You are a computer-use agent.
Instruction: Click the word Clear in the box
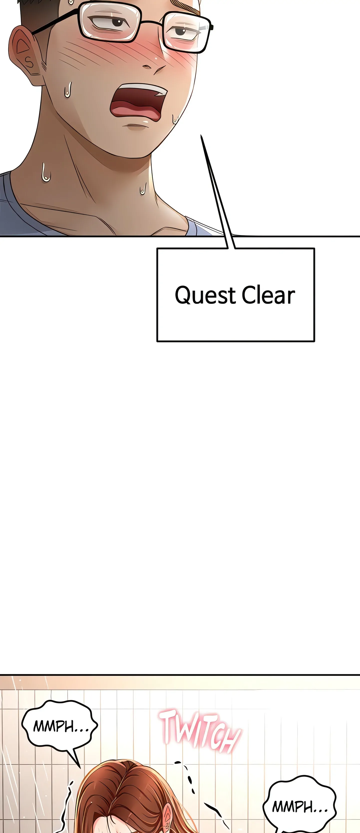pyautogui.click(x=268, y=295)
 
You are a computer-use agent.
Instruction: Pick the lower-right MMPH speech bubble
pyautogui.click(x=299, y=807)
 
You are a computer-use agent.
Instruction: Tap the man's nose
pyautogui.click(x=154, y=66)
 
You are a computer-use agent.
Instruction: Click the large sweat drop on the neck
pyautogui.click(x=45, y=173)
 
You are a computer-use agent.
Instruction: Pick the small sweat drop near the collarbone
pyautogui.click(x=143, y=189)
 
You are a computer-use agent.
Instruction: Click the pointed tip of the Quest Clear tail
pyautogui.click(x=201, y=136)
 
